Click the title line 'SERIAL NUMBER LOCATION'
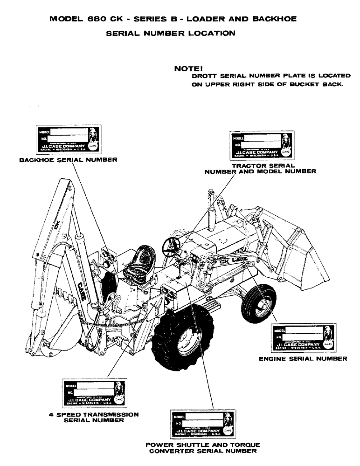[180, 34]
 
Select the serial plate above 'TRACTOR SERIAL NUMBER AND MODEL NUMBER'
[262, 146]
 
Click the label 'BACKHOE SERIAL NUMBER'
[68, 159]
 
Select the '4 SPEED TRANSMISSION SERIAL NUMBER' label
[93, 417]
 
